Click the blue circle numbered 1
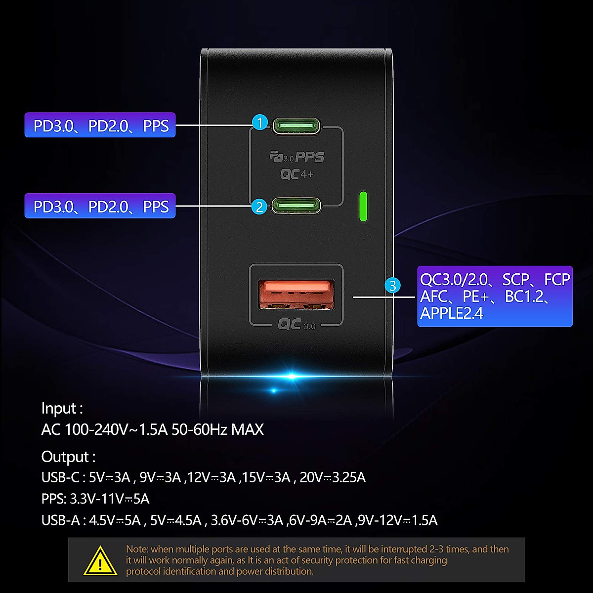(260, 122)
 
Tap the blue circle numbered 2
(259, 206)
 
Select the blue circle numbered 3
(393, 285)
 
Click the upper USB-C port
(296, 126)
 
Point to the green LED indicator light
(363, 206)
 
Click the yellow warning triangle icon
(100, 561)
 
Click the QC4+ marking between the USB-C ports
(296, 174)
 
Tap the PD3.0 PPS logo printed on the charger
(296, 157)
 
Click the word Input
(59, 409)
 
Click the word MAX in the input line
(247, 429)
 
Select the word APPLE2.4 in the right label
(452, 313)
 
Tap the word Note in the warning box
(136, 549)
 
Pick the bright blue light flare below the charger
(292, 377)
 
